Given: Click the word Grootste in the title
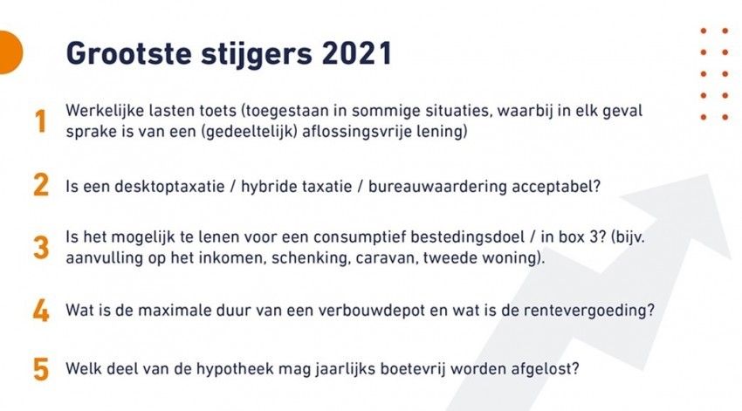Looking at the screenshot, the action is [128, 53].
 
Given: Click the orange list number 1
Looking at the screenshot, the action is [41, 120].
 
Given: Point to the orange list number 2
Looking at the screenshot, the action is [41, 184].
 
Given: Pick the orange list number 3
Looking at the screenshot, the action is [41, 247].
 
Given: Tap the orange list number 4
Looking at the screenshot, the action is [41, 311].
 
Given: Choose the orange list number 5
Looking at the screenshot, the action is [41, 369].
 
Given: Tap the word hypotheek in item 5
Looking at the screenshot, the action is [235, 369].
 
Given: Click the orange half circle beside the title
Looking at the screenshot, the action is [10, 52].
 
